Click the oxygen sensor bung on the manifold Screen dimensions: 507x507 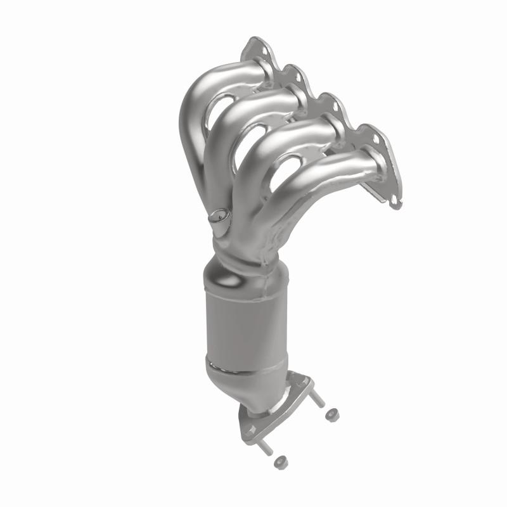pos(219,217)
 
